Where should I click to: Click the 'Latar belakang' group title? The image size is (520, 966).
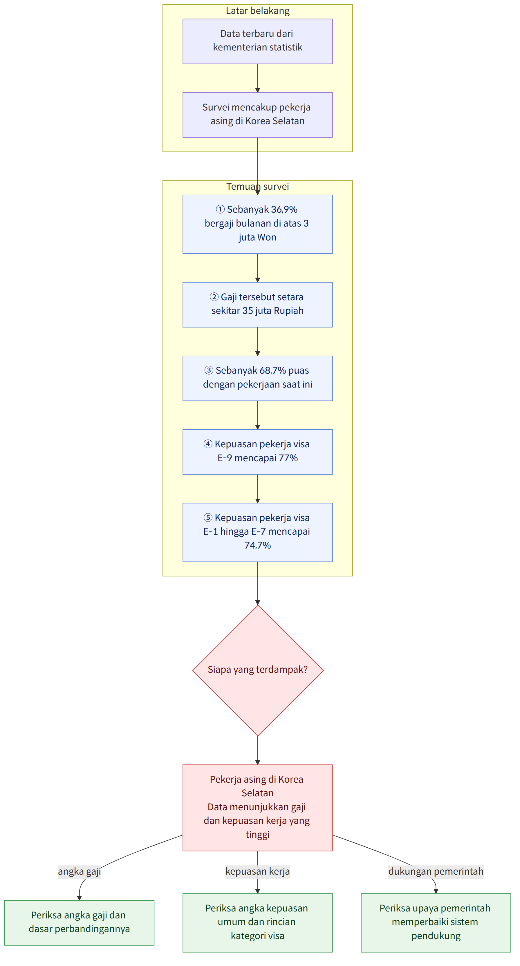[x=257, y=11]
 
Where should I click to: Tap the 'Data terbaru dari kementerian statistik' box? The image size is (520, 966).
[x=257, y=41]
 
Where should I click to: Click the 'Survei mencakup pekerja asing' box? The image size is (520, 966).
[x=257, y=115]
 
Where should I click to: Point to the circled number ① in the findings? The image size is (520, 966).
[x=220, y=209]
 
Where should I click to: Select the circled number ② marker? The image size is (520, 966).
[x=214, y=297]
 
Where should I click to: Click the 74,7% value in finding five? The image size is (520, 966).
[x=257, y=545]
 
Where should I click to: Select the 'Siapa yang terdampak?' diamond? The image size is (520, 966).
[x=258, y=670]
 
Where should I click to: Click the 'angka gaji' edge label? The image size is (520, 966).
[x=79, y=871]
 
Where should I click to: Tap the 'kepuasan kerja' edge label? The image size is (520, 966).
[x=257, y=871]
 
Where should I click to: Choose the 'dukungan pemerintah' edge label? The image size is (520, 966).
[x=436, y=871]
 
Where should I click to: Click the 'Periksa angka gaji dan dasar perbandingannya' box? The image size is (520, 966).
[x=79, y=922]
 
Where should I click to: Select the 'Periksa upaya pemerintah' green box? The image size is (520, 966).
[x=436, y=922]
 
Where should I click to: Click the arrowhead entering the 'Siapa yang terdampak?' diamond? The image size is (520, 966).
[x=257, y=602]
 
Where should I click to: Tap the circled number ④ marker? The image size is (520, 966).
[x=208, y=444]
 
